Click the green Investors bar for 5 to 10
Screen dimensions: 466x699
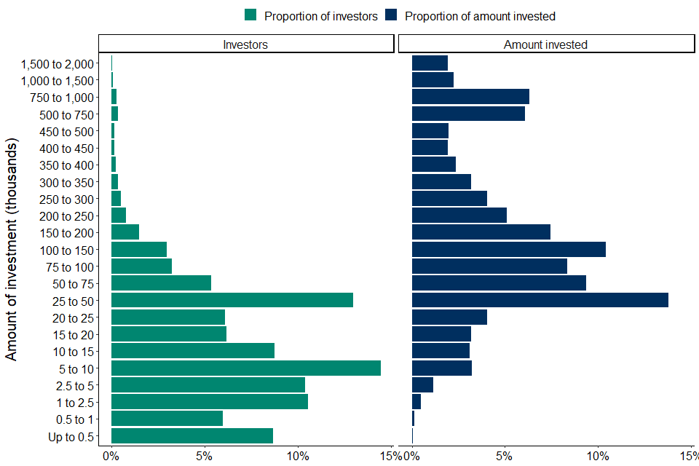[x=246, y=368]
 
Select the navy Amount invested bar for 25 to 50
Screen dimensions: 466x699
[x=540, y=300]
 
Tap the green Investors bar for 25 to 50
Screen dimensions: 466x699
[x=232, y=300]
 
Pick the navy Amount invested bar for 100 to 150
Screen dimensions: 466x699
[x=509, y=249]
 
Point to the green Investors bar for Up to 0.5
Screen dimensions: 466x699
[x=192, y=436]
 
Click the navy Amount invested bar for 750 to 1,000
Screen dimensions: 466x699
[x=470, y=97]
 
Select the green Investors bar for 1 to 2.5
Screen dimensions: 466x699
[x=210, y=402]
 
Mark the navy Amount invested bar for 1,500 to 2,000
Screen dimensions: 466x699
[x=430, y=63]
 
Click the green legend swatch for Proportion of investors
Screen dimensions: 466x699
[x=251, y=15]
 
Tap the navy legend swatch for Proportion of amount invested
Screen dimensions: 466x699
[x=392, y=15]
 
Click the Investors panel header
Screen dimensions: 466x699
[x=245, y=44]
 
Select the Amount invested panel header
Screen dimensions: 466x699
[x=545, y=44]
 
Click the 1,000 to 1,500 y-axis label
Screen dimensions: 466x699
[x=58, y=80]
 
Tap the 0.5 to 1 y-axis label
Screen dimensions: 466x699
[x=75, y=419]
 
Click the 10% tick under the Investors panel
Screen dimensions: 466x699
[x=298, y=457]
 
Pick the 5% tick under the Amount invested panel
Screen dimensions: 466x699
[x=505, y=457]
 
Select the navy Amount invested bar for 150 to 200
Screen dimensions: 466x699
[x=481, y=232]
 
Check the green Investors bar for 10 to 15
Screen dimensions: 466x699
[x=193, y=351]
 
